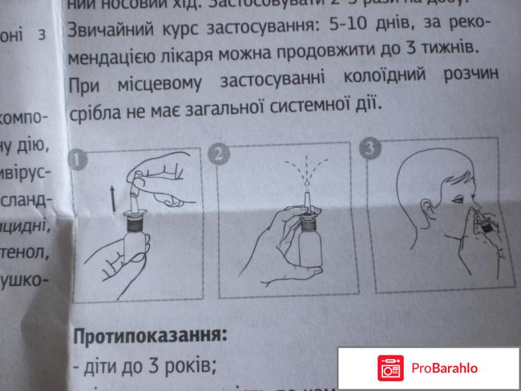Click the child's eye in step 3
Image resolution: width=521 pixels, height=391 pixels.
(458, 199)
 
